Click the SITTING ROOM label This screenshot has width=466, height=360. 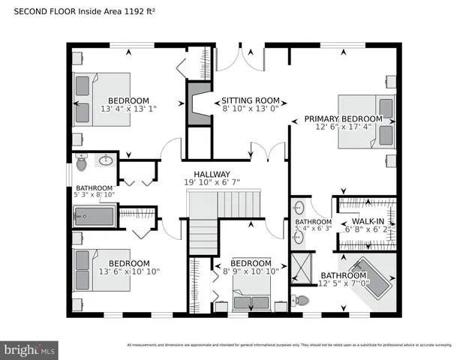(250, 100)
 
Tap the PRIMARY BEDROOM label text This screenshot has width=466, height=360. (343, 118)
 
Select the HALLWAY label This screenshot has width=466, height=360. (212, 174)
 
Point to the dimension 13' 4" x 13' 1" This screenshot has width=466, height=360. (128, 109)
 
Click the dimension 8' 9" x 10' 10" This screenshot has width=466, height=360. (251, 271)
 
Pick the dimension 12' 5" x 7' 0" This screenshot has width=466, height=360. (344, 283)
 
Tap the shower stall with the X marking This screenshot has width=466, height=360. (303, 267)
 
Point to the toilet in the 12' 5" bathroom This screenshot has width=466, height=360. (301, 300)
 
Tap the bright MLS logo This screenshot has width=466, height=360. (30, 349)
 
